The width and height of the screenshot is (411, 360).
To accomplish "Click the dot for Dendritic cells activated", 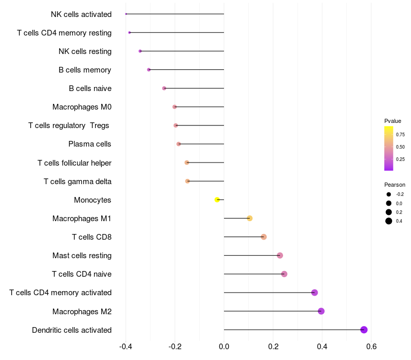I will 364,330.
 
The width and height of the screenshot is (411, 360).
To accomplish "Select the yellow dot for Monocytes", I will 217,200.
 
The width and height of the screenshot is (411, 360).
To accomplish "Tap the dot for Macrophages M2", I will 321,311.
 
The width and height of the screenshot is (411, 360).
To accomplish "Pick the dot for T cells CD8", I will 264,237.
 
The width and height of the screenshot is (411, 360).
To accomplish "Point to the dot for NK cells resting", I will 140,51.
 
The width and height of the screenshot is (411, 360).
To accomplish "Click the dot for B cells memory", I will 149,69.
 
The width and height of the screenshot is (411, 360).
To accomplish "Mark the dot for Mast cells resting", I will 279,256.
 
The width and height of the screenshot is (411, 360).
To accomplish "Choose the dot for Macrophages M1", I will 250,218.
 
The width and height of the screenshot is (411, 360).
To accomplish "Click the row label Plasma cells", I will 90,144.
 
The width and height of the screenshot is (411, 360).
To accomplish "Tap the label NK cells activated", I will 81,14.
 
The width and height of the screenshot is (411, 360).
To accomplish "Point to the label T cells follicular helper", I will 74,163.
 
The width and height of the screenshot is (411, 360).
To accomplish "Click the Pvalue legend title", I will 393,121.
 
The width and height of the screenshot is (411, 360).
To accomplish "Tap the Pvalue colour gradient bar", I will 388,148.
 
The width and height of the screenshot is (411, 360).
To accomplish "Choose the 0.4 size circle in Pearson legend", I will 389,221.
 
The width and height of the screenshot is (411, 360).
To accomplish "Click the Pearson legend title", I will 395,185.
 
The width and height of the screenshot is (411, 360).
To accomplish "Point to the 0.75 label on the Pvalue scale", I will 400,135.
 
